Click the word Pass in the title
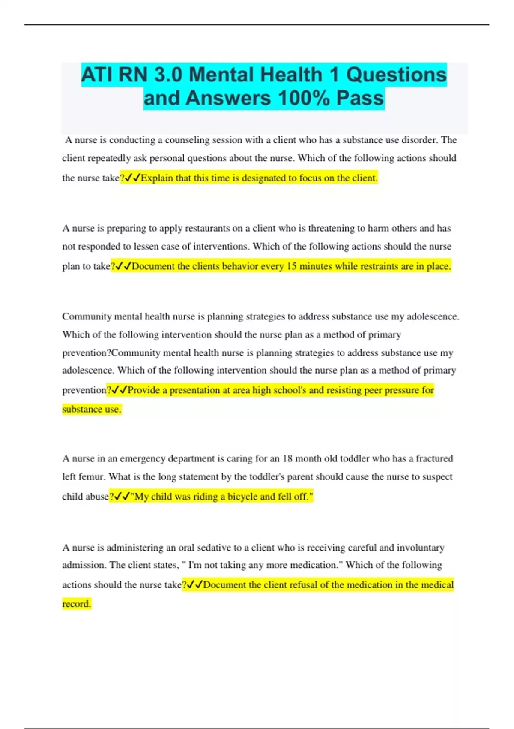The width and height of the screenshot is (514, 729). tap(360, 98)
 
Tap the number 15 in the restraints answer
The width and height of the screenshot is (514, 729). tap(292, 266)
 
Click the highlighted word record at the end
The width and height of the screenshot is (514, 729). tap(76, 604)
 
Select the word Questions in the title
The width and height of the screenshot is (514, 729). tap(396, 75)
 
